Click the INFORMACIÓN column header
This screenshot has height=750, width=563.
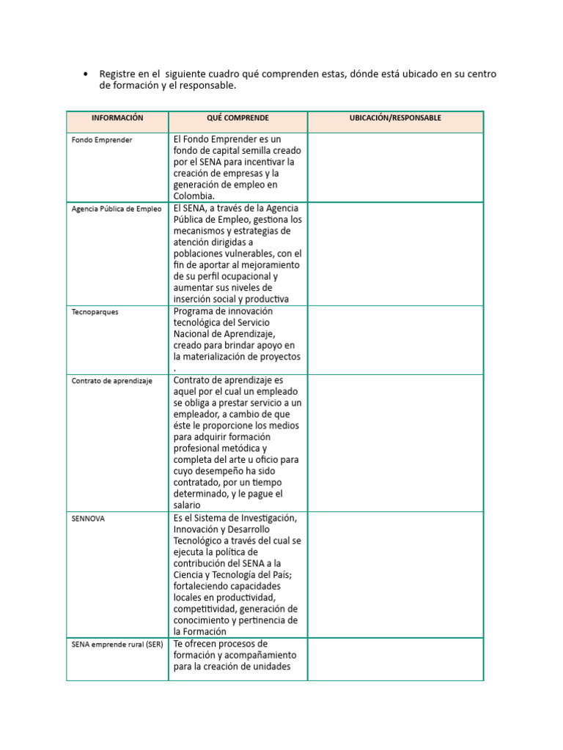[x=117, y=118]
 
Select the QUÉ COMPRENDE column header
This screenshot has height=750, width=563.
[x=238, y=118]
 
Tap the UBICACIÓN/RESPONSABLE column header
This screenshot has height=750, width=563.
[x=395, y=118]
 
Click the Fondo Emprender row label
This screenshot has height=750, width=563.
[x=102, y=140]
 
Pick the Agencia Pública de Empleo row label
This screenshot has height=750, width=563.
[x=117, y=209]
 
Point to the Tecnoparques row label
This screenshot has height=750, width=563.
[x=95, y=311]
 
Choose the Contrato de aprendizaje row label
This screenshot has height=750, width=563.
[x=112, y=381]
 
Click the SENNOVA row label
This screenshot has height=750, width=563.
[x=89, y=518]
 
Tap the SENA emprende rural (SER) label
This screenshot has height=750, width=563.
[x=117, y=645]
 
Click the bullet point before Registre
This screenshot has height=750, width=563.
[x=87, y=74]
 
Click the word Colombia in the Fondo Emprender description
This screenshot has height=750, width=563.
[x=194, y=196]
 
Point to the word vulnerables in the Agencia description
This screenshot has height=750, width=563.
[x=252, y=253]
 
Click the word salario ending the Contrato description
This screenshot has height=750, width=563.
[x=188, y=505]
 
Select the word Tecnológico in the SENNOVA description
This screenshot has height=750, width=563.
[x=200, y=540]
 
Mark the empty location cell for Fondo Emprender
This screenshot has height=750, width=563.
[x=395, y=167]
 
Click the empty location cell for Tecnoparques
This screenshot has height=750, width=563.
[x=395, y=340]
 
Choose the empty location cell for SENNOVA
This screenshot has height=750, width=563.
[x=395, y=574]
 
